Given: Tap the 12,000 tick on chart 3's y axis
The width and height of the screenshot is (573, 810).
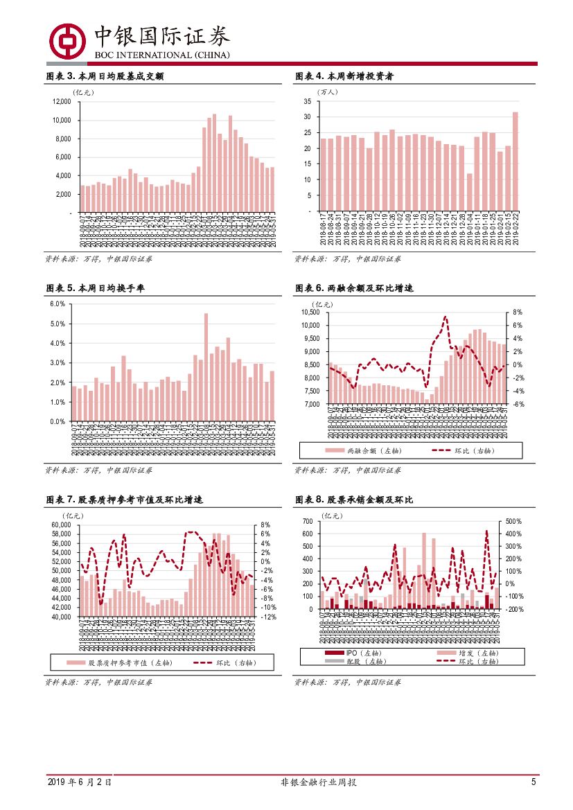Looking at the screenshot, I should [x=62, y=101].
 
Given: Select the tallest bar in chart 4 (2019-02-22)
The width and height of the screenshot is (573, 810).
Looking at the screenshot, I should [x=515, y=161].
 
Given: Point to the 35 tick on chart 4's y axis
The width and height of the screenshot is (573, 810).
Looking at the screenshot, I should [x=306, y=101].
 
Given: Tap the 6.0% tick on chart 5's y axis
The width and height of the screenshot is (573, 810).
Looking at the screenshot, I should [x=58, y=304].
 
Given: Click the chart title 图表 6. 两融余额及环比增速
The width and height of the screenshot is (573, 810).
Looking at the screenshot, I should [x=354, y=288].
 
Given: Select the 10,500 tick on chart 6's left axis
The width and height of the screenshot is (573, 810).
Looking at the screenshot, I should [x=309, y=312].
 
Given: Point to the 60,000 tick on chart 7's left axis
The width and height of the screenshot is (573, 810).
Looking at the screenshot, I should [x=62, y=525].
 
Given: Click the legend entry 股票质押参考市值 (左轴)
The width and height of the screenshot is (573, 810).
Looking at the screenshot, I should [x=120, y=663].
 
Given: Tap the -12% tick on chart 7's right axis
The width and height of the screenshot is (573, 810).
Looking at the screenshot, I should [x=268, y=616].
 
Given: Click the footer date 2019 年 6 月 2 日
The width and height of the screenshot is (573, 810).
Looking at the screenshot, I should [x=80, y=782].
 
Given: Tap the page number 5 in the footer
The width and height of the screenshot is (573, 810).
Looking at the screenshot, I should [x=534, y=782].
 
